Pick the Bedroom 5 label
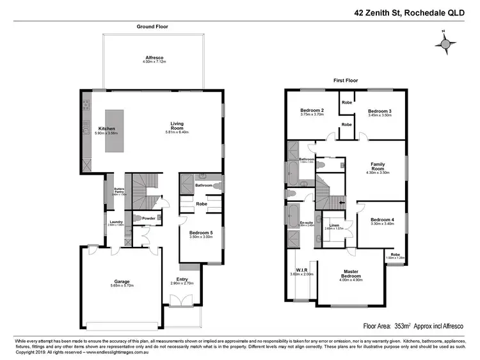[202, 233]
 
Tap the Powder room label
[149, 218]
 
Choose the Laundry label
[115, 222]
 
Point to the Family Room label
[378, 166]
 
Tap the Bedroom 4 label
[382, 219]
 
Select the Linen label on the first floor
[335, 224]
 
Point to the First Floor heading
[347, 81]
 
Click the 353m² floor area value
[403, 325]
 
